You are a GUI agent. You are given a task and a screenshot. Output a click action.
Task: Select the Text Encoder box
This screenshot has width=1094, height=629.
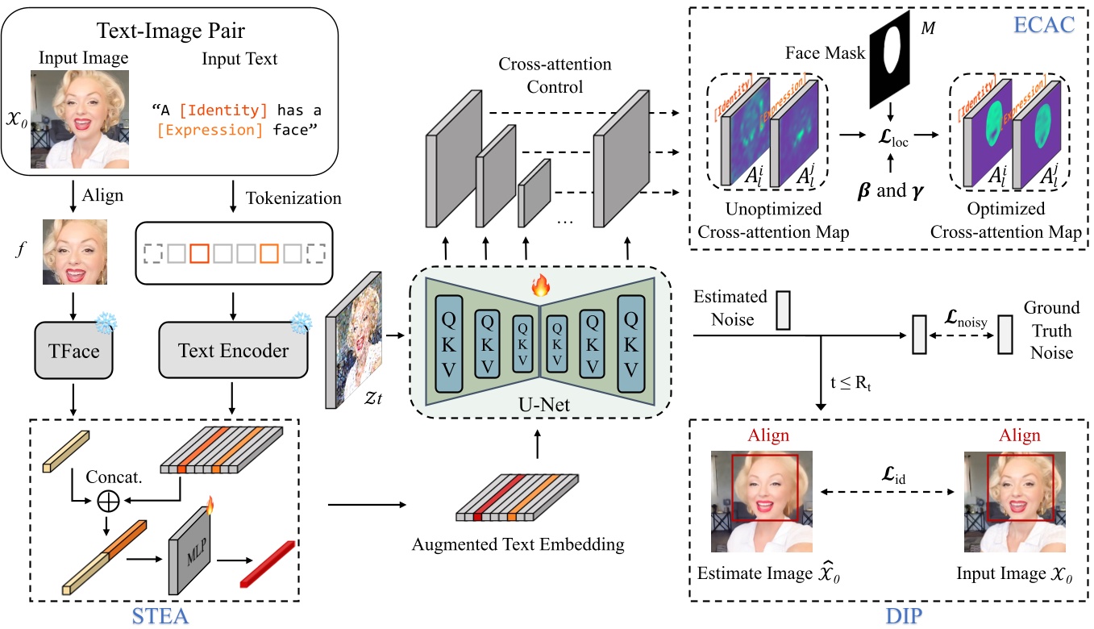point(233,352)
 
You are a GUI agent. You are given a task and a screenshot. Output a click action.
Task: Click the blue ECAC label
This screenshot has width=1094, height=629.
point(1050,25)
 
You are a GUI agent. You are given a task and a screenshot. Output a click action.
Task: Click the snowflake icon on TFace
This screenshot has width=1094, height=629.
point(106,324)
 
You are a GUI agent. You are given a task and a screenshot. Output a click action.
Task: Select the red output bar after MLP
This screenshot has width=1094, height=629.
point(268,563)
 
